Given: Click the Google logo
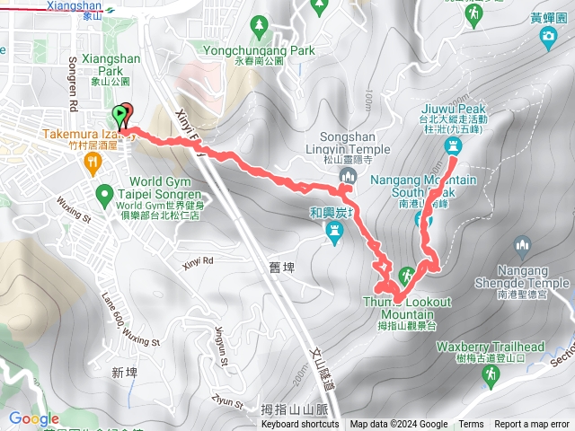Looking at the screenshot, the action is pyautogui.click(x=34, y=418).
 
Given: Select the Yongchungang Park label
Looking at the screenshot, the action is pyautogui.click(x=260, y=51).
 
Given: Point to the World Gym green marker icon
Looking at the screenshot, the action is pyautogui.click(x=104, y=192).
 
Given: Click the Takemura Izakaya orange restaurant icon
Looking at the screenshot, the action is pyautogui.click(x=92, y=162).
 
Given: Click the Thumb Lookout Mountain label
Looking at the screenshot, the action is pyautogui.click(x=408, y=308).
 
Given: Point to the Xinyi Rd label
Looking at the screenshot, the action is pyautogui.click(x=199, y=262).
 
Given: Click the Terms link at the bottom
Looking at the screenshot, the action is pyautogui.click(x=471, y=425).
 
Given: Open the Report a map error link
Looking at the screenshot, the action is pyautogui.click(x=534, y=425).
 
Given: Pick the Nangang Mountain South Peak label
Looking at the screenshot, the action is pyautogui.click(x=422, y=185).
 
